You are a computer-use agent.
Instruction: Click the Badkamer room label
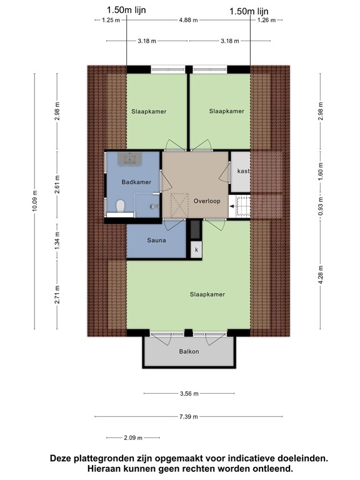pos(136,182)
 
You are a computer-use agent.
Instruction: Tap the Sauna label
pos(156,240)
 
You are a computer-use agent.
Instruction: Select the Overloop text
pos(207,201)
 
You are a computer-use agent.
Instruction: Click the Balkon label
pos(189,351)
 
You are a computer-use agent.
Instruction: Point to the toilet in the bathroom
pos(120,206)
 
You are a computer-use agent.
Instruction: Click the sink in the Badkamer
pos(129,159)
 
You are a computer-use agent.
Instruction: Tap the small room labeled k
pos(196,250)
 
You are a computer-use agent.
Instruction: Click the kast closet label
pos(243,171)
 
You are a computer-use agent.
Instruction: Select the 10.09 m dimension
pos(34,201)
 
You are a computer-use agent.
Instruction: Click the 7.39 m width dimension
pos(189,416)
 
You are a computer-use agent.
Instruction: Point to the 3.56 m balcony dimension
pos(189,393)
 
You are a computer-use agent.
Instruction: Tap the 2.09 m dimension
pos(133,437)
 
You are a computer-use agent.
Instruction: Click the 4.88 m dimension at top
pos(188,20)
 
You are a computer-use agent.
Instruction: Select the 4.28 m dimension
pos(321,275)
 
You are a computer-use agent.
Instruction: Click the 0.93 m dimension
pos(321,206)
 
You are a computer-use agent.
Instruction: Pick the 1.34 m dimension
pos(57,241)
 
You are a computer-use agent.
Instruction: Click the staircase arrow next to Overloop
pos(232,206)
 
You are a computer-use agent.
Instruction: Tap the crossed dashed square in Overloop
pos(179,206)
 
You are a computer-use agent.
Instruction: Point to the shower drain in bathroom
pos(152,206)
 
